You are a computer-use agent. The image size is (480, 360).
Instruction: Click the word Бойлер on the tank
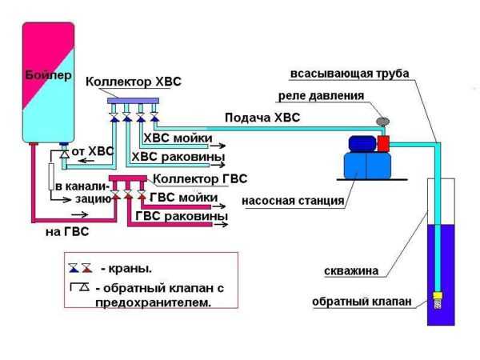point(48,75)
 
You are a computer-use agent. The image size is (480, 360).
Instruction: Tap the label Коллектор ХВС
point(134,82)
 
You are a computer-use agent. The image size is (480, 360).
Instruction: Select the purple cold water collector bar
point(133,101)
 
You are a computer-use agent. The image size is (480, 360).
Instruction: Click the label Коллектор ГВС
point(200,178)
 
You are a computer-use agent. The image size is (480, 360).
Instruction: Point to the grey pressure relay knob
point(382,122)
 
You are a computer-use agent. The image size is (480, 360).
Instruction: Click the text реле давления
point(321,96)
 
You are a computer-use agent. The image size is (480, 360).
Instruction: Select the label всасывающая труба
point(350,74)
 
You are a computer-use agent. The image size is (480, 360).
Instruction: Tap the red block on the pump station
point(383,143)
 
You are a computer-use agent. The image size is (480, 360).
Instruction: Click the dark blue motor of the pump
point(362,143)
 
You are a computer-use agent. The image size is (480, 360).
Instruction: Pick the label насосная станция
point(293,201)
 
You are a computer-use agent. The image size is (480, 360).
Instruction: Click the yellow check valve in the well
point(438,295)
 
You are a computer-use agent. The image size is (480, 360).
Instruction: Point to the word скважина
point(351,271)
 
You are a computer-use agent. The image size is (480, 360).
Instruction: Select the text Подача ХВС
point(262,118)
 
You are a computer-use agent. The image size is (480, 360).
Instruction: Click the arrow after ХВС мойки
point(219,146)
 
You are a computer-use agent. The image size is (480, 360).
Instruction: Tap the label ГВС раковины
point(182,216)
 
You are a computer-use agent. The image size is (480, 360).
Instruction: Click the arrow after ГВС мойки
point(219,206)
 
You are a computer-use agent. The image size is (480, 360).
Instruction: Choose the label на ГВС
point(67,232)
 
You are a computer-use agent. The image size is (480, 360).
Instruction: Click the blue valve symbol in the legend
point(74,268)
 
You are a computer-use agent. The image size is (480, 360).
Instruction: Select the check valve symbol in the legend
point(80,287)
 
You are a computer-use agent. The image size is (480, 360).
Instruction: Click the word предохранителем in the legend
point(154,303)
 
